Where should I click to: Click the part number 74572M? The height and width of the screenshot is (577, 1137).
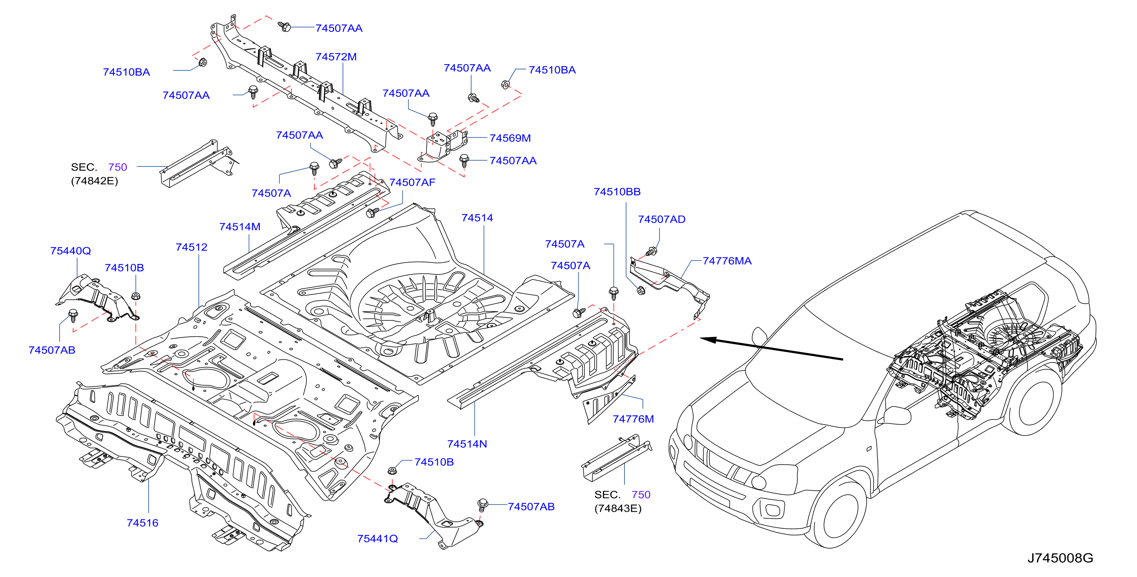click(x=336, y=57)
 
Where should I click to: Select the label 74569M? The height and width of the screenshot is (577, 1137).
click(x=510, y=138)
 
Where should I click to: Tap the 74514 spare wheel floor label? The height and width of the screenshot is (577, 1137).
click(x=477, y=218)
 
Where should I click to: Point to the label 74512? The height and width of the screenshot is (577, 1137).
click(x=191, y=247)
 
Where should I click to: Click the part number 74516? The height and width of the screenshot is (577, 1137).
click(x=142, y=523)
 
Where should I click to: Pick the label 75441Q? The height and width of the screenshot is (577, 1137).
click(x=377, y=539)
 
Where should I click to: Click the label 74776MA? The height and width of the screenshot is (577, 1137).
click(x=727, y=261)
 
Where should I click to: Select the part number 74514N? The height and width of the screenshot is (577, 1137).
click(x=467, y=444)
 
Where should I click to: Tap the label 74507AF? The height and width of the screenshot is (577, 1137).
click(x=412, y=182)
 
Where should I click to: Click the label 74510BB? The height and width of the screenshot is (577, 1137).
click(x=617, y=191)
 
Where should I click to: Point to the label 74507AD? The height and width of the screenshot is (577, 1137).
click(x=661, y=219)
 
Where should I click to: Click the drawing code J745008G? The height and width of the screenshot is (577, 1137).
click(x=1060, y=558)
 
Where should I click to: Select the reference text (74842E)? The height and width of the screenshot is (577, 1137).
click(x=95, y=181)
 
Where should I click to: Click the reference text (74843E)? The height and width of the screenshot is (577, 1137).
click(x=618, y=508)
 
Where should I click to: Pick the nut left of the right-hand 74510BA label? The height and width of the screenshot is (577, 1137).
click(x=505, y=84)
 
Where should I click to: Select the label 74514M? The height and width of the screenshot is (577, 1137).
click(x=240, y=227)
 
